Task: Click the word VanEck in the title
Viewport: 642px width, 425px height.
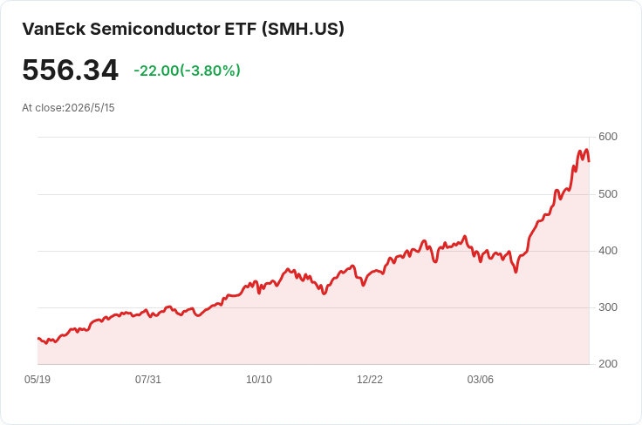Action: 54,29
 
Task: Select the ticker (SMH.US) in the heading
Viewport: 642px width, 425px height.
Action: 303,29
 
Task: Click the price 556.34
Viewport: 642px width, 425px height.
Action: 71,70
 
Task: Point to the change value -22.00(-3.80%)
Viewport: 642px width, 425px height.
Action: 188,71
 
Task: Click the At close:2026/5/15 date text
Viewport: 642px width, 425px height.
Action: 68,108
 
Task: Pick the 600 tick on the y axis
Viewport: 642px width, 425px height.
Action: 608,137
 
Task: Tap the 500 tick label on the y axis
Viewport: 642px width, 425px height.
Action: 608,193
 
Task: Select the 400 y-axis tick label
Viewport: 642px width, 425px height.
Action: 608,251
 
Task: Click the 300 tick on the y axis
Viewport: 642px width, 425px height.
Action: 608,307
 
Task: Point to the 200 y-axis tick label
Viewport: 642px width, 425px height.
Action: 608,364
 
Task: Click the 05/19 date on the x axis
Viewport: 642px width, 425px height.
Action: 38,380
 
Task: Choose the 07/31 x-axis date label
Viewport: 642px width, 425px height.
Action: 148,380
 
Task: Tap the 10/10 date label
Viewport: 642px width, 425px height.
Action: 259,380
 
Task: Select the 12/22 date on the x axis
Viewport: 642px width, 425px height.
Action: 370,380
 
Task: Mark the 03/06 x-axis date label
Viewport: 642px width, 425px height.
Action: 481,380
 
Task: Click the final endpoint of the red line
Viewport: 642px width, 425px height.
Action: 589,161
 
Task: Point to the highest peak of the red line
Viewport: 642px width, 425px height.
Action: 587,150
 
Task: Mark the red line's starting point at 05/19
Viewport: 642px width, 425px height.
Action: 38,339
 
